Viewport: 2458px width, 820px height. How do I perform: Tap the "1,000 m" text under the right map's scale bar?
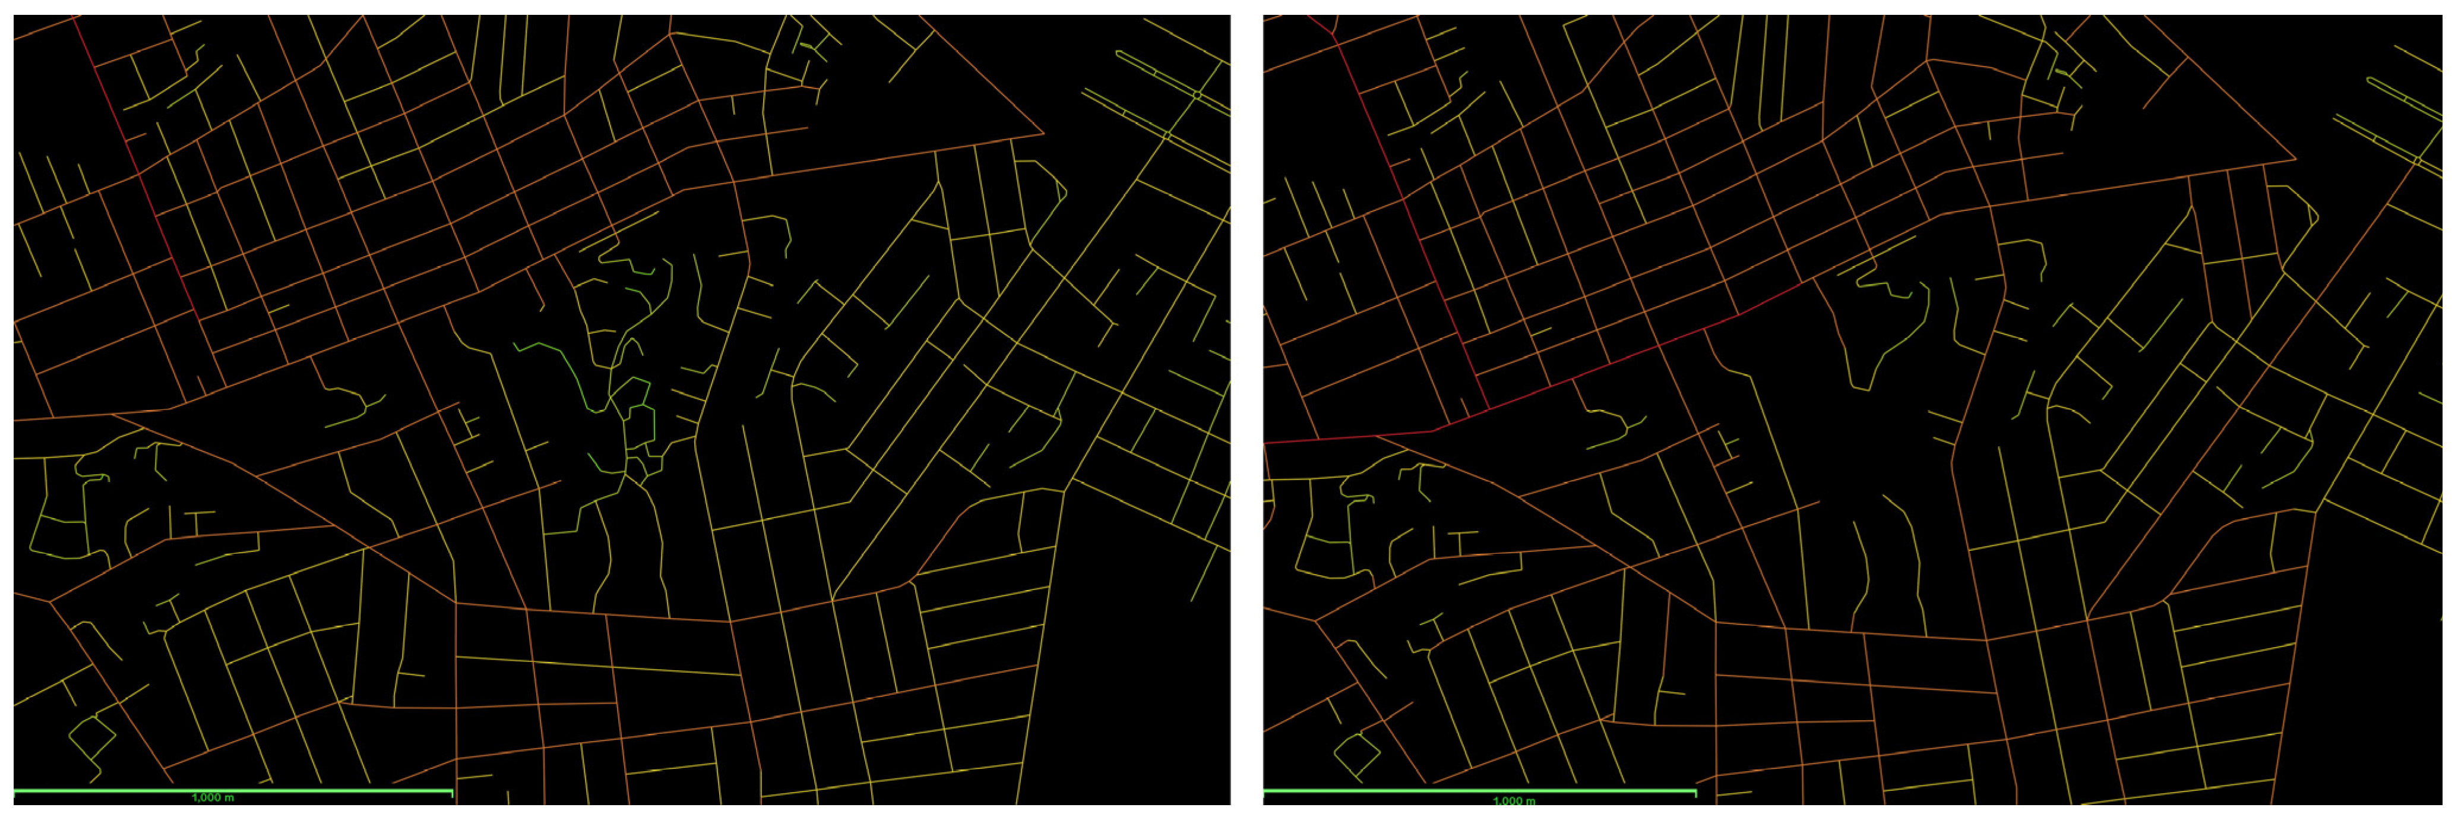pyautogui.click(x=1513, y=801)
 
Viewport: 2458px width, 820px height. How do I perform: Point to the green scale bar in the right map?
pyautogui.click(x=1384, y=791)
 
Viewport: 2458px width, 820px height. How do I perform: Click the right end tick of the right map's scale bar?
pyautogui.click(x=1695, y=792)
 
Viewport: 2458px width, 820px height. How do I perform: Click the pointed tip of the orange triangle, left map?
pyautogui.click(x=1043, y=135)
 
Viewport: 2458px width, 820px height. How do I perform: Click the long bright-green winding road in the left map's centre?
pyautogui.click(x=572, y=368)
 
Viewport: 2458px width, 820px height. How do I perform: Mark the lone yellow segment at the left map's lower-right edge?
pyautogui.click(x=1210, y=576)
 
